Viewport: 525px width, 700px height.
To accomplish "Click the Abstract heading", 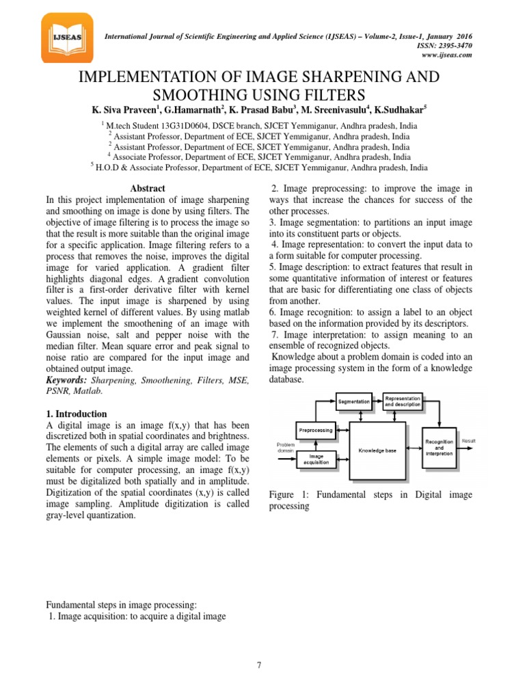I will tap(147, 189).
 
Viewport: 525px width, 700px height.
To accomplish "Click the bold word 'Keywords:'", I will tap(66, 379).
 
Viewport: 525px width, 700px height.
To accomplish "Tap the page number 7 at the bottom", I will tap(260, 664).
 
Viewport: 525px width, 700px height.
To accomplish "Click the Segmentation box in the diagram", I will tap(354, 401).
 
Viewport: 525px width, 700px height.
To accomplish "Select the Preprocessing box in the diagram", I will tap(316, 431).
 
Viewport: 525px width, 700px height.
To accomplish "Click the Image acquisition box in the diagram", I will tap(316, 459).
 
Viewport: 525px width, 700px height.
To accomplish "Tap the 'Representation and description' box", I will tap(402, 401).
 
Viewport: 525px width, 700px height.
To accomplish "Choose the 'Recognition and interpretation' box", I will tap(438, 449).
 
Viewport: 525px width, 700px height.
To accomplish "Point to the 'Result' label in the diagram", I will tap(469, 442).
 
